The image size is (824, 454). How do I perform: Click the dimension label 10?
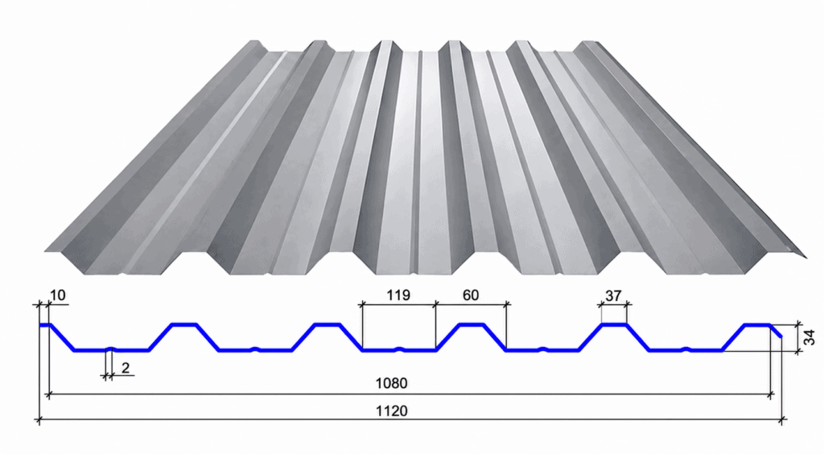click(x=58, y=295)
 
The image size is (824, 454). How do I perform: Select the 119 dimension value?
click(x=398, y=295)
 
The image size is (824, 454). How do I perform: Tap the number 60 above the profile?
click(x=470, y=295)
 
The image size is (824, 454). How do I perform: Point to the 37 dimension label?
click(x=613, y=296)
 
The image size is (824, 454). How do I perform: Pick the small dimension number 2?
click(x=125, y=368)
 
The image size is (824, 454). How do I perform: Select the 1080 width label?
click(x=391, y=383)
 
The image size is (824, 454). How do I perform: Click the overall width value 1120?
click(x=391, y=411)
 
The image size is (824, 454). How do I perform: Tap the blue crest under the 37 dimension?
click(x=614, y=324)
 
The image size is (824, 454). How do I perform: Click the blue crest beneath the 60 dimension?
click(x=472, y=324)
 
